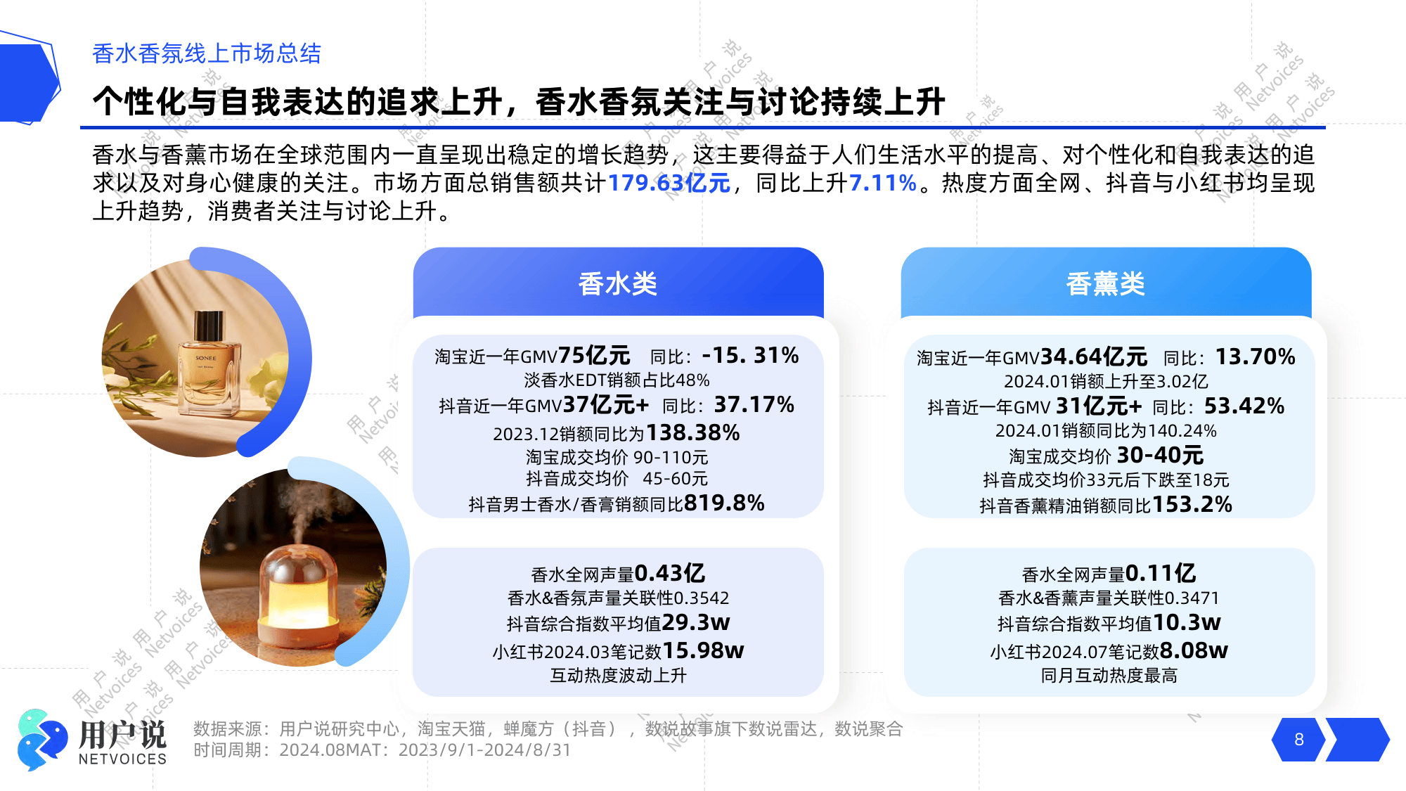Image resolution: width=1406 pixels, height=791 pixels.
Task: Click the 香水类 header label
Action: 617,284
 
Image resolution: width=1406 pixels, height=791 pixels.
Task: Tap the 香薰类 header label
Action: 1105,284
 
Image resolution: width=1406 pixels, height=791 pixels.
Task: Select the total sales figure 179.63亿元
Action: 669,183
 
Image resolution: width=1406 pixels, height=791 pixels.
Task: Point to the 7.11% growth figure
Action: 882,183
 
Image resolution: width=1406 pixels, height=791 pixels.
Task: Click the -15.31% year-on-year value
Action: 750,355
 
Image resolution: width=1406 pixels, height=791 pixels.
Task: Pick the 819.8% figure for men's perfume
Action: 724,503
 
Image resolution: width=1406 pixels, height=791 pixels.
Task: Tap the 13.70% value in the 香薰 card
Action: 1255,356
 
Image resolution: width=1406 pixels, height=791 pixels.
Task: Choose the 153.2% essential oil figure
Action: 1192,504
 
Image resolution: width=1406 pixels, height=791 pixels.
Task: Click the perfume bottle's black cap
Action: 208,326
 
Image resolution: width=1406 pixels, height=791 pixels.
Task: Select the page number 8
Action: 1298,740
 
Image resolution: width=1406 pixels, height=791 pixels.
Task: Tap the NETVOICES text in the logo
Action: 122,759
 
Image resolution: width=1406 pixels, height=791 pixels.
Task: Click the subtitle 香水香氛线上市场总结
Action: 207,53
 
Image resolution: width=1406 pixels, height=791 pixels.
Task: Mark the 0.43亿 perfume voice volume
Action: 669,573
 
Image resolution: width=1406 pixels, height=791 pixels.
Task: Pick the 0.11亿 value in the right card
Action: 1160,573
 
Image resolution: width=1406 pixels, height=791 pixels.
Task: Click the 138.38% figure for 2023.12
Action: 692,432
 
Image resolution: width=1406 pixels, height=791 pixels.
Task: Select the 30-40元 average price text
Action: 1160,455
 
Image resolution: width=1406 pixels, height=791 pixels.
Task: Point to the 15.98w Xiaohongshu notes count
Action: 703,650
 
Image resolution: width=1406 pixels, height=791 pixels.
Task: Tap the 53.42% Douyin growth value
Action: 1244,406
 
